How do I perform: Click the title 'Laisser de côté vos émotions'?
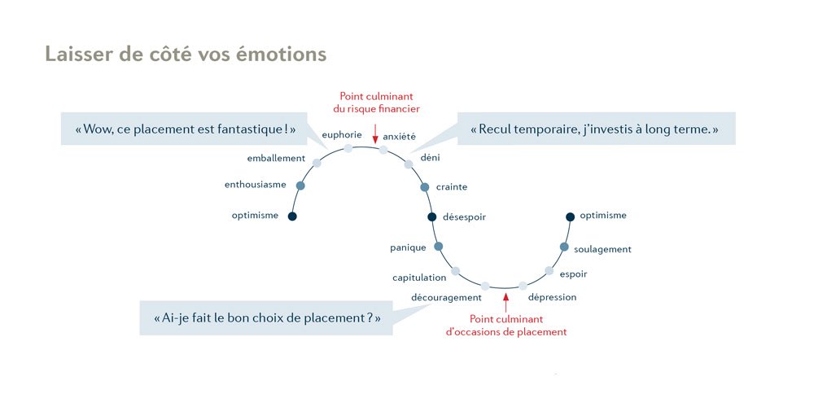186,54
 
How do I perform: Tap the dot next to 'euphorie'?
348,148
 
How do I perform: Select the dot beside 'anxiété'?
383,150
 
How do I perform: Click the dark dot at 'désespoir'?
432,217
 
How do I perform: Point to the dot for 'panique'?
438,246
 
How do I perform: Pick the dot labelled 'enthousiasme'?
300,186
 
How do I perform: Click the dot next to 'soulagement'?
564,247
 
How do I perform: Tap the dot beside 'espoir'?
549,270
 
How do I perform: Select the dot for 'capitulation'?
455,270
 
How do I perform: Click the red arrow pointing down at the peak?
374,132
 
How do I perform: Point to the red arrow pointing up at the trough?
505,305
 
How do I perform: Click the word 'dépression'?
553,297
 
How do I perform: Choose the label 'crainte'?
452,187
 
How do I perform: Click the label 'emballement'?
276,158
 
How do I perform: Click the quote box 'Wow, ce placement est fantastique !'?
184,129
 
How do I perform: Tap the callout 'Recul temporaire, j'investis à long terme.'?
596,129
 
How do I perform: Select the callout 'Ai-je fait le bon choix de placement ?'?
267,318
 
